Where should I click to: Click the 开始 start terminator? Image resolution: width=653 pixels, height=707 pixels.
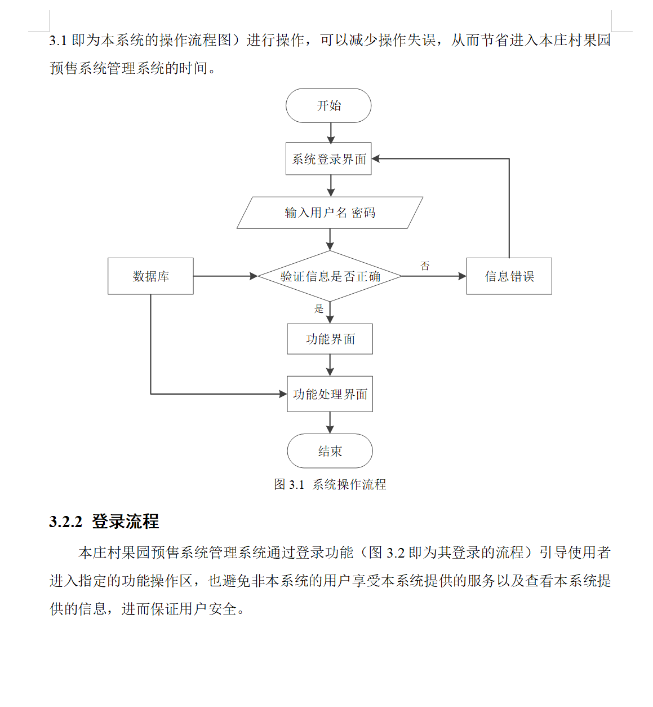(328, 105)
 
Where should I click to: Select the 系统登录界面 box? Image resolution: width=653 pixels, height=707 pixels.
(328, 159)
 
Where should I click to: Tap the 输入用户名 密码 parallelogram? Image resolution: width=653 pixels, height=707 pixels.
(330, 213)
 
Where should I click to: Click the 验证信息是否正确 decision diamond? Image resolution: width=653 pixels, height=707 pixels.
(330, 276)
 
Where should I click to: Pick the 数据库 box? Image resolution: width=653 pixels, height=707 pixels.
(150, 276)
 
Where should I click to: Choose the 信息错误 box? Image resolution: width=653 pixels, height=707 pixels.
(509, 276)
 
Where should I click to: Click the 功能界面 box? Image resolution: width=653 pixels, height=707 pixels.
(330, 339)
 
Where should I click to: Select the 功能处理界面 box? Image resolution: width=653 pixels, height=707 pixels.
(330, 394)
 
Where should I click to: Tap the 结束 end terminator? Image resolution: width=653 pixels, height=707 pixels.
(330, 451)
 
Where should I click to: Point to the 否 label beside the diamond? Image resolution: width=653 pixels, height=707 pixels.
(425, 266)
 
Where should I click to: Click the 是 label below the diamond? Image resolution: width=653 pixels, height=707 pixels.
(318, 308)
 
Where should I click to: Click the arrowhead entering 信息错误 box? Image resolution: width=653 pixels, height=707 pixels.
(462, 276)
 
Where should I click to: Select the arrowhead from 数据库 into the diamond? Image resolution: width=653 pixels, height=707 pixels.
(254, 276)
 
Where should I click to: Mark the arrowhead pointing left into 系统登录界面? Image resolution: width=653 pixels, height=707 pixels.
(375, 159)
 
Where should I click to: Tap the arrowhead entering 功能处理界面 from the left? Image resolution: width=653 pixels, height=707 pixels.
(283, 394)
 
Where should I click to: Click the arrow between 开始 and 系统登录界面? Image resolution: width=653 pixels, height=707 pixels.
(331, 133)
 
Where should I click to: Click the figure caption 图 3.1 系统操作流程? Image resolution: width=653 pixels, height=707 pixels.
(330, 484)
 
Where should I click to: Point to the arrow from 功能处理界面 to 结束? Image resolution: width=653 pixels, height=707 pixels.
(330, 423)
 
